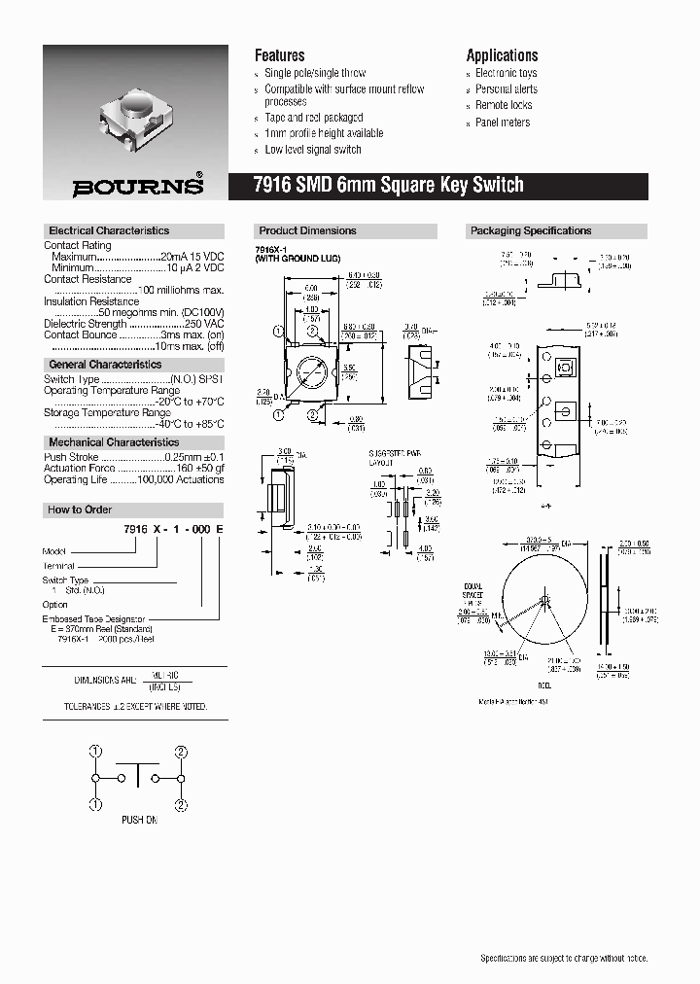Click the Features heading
[279, 55]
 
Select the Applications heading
[502, 55]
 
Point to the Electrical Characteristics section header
[109, 231]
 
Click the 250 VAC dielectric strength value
[204, 324]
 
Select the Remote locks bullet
[504, 105]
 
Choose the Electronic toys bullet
[506, 73]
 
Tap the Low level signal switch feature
[312, 150]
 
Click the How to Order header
[80, 510]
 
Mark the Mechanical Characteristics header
[114, 442]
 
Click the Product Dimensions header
[307, 231]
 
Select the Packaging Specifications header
[531, 231]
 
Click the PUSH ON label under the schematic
[139, 820]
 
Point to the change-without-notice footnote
[563, 958]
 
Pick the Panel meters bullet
[503, 123]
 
